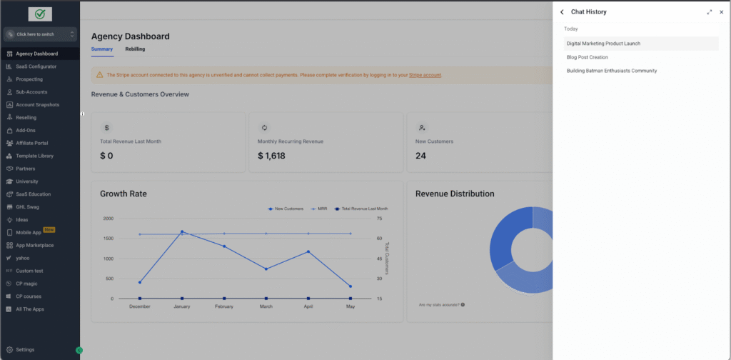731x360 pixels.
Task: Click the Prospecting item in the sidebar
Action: coord(29,79)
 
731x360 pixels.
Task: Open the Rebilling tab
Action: coord(135,49)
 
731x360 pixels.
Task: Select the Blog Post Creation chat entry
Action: coord(587,57)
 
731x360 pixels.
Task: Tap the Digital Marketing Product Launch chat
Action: coord(603,44)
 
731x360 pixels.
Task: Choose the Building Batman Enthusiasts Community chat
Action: coord(611,71)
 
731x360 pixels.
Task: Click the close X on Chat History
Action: coord(721,12)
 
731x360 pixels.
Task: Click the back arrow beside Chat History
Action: coord(562,12)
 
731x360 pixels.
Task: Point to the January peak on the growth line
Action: coord(182,231)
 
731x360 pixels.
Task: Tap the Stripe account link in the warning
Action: coord(425,75)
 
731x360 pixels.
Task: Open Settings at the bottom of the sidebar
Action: coord(25,349)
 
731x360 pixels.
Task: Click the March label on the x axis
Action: coord(266,307)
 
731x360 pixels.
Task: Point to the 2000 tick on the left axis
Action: coord(108,218)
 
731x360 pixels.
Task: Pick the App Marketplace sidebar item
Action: coord(34,246)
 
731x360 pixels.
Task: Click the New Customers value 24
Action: coord(421,156)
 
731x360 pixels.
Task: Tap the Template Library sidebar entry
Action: coord(34,156)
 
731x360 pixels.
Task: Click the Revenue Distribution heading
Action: coord(455,194)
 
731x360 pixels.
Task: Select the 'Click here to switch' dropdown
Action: coord(40,34)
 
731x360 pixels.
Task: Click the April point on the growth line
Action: coord(308,251)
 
